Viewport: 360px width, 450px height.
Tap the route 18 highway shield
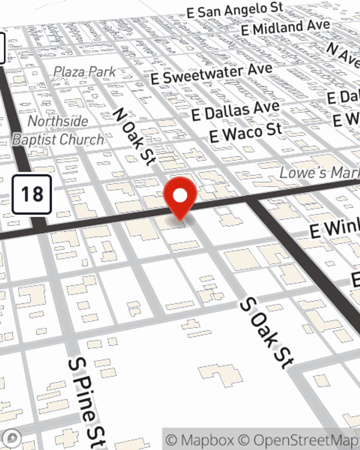tap(32, 194)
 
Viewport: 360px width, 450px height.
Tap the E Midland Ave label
tap(285, 27)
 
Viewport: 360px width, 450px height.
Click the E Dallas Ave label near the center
tap(235, 111)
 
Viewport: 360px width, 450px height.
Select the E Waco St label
tap(246, 133)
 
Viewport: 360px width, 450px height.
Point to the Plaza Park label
tap(85, 72)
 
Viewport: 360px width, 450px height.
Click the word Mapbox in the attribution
tap(208, 440)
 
